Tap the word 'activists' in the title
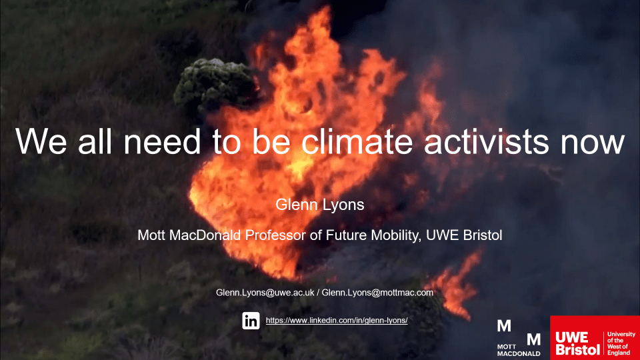coord(486,141)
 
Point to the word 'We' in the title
coord(41,141)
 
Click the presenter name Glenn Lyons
coord(319,205)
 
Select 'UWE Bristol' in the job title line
coord(464,235)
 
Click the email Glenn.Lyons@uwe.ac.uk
coord(265,293)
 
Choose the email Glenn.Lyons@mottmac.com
coord(377,293)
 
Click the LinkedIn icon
coord(251,321)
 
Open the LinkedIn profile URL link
coord(337,321)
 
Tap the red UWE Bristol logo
coord(595,337)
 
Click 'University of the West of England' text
coord(621,343)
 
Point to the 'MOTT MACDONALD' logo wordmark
coord(519,350)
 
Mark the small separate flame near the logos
coord(455,286)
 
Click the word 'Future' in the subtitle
coord(346,235)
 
